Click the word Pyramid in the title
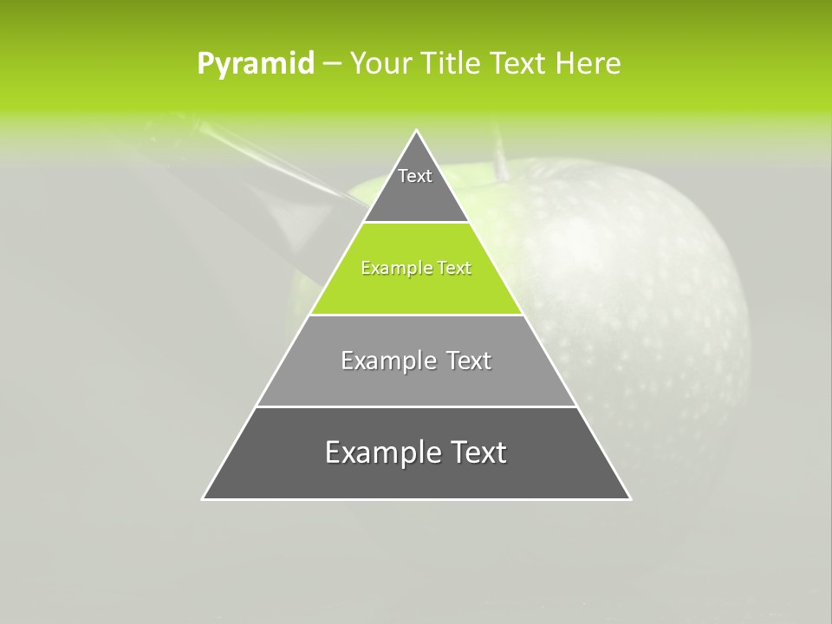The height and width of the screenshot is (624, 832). pyautogui.click(x=256, y=63)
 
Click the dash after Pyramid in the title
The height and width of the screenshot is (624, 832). pyautogui.click(x=332, y=64)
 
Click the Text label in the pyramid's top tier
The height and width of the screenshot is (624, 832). pyautogui.click(x=415, y=176)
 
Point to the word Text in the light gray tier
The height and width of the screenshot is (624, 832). pyautogui.click(x=469, y=361)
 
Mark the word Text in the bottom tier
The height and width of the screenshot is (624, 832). pyautogui.click(x=476, y=452)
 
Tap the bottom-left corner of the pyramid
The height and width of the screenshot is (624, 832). pyautogui.click(x=204, y=498)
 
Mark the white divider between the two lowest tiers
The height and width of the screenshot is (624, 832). pyautogui.click(x=416, y=406)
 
